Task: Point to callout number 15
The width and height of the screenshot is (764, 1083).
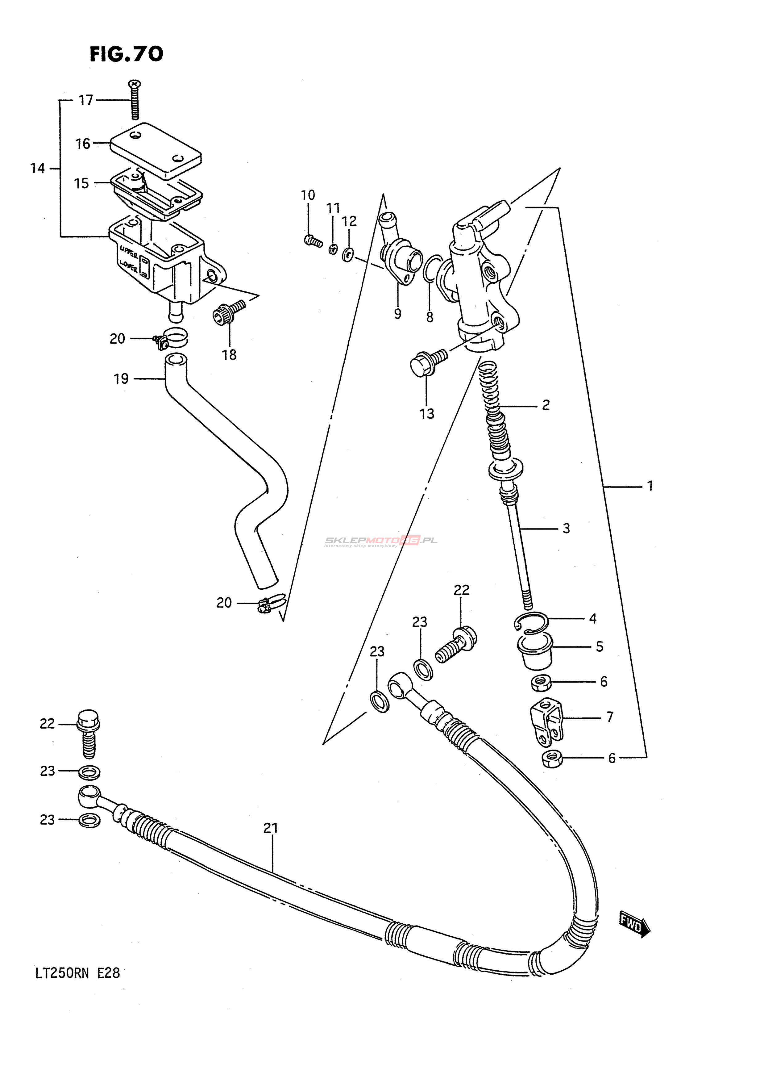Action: click(81, 183)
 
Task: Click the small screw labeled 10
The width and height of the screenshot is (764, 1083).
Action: click(312, 241)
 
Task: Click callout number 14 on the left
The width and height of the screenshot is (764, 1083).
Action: click(38, 168)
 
